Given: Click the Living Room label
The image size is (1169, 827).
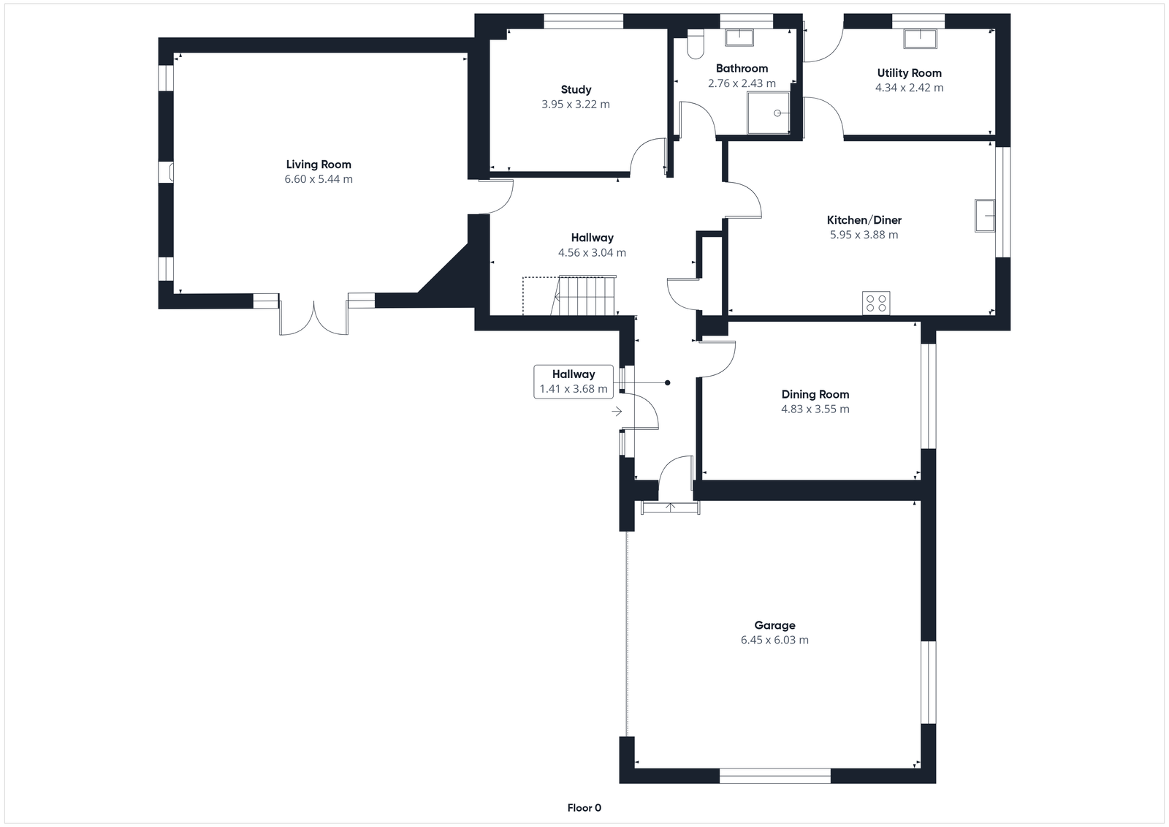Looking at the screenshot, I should [319, 165].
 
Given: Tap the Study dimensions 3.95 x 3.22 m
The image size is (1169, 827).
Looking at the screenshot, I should [576, 105].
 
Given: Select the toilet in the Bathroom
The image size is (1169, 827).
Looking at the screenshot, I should [695, 45].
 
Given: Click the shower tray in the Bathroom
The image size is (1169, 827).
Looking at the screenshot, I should [769, 113].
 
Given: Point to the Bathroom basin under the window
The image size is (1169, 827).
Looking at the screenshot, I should [742, 37].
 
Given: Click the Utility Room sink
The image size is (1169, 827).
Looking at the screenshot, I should [921, 38].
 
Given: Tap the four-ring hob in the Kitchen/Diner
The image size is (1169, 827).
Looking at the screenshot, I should [876, 303].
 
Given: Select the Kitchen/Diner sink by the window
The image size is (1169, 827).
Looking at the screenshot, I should [985, 215].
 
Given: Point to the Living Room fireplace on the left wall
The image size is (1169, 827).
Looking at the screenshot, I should [170, 172].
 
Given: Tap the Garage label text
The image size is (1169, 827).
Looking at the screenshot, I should [774, 625].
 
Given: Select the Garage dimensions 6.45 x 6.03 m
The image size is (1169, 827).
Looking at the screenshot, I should [774, 640].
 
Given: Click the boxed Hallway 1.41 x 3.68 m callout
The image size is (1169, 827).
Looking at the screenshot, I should [574, 381].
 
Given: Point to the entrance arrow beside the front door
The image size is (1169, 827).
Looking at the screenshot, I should [617, 412].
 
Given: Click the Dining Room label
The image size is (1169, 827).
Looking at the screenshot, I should [815, 394].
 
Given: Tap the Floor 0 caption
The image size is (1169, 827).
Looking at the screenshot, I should [584, 808].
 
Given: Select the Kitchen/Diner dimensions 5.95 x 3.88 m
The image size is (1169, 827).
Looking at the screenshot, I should [864, 235].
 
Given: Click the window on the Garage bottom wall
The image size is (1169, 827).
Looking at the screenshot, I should [774, 776].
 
